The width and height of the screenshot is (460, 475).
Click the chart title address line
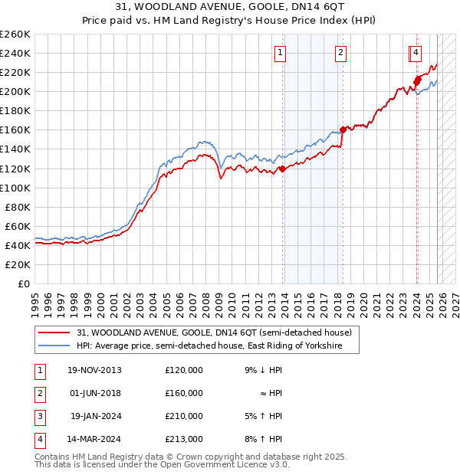click(229, 7)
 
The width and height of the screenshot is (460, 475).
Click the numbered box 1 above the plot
click(281, 53)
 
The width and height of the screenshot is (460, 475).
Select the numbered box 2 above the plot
click(340, 53)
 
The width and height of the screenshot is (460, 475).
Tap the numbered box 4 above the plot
click(415, 53)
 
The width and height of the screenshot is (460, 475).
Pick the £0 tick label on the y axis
click(25, 283)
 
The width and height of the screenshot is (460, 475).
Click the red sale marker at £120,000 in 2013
click(282, 169)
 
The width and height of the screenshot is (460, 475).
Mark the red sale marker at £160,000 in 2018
click(343, 129)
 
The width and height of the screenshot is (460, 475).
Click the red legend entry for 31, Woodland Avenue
click(214, 333)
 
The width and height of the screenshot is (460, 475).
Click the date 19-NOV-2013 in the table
click(94, 370)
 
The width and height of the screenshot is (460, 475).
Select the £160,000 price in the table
click(184, 393)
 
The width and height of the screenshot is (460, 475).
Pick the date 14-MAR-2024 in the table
click(94, 439)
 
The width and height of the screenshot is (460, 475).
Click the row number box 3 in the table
click(38, 416)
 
